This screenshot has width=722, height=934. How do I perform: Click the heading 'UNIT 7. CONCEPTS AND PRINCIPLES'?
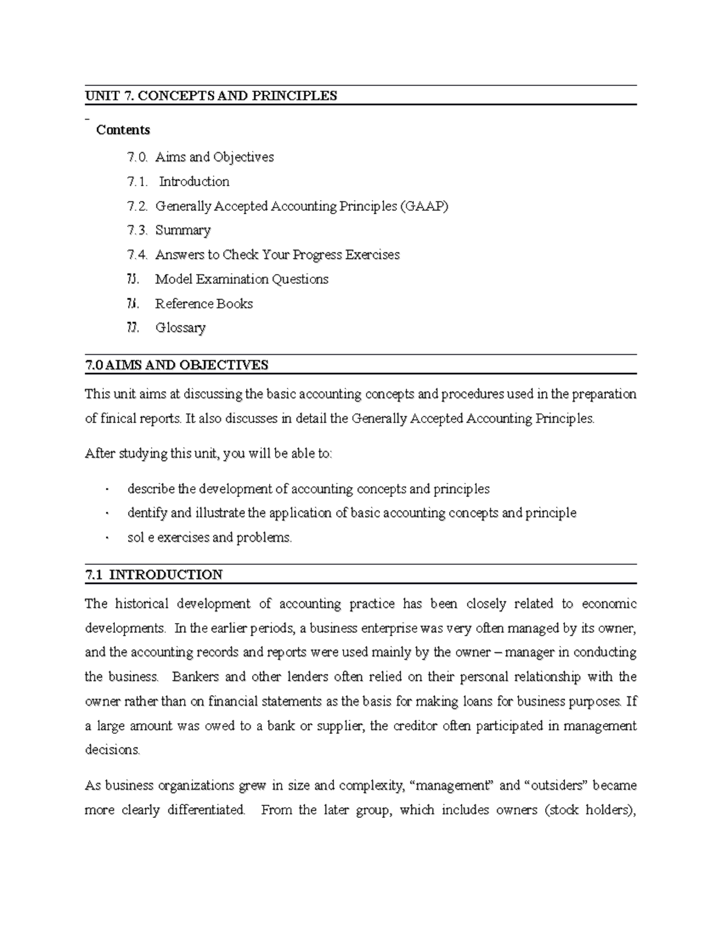point(211,96)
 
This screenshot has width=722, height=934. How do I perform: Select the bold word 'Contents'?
point(123,130)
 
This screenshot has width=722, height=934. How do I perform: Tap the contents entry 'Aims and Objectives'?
point(214,157)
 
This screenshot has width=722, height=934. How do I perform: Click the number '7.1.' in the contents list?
point(137,182)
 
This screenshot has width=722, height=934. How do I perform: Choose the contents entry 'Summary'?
point(183,230)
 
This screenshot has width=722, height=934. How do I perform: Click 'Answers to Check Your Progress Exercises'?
point(277,255)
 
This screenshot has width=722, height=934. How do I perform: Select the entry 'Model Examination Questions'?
point(242,279)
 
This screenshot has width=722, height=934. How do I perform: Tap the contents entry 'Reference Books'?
point(204,304)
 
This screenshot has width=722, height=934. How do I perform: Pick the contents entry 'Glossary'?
point(180,328)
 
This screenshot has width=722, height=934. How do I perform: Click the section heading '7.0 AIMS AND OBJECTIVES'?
point(176,365)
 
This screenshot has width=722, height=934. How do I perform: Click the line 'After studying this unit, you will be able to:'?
point(208,453)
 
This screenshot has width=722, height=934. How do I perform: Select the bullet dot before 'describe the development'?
point(106,490)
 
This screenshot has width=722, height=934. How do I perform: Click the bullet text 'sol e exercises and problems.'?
point(209,538)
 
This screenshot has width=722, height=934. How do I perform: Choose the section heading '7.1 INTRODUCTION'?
point(154,574)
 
